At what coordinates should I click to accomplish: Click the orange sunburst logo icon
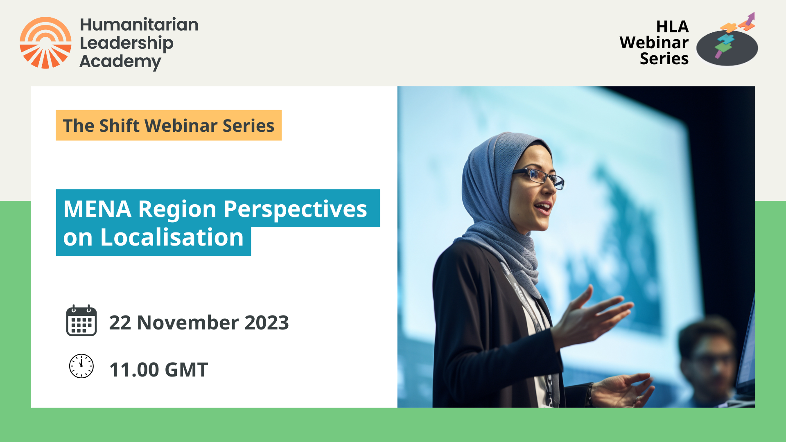point(45,43)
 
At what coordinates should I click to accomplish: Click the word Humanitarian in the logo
point(139,25)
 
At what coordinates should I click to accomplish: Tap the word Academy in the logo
point(120,62)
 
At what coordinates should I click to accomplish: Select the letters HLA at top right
point(672,27)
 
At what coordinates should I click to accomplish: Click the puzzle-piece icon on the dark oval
point(725,43)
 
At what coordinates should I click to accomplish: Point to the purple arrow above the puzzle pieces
point(750,19)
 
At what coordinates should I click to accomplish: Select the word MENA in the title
point(97,209)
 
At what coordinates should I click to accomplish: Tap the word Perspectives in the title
point(295,210)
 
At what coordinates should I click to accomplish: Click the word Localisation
point(172,237)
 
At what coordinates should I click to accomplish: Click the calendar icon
point(81,321)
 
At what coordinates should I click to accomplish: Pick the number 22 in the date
point(120,322)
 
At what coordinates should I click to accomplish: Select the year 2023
point(267,322)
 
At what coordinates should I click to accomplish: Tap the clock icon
point(81,366)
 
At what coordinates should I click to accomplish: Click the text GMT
point(187,370)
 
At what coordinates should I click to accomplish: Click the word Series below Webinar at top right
point(664,59)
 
